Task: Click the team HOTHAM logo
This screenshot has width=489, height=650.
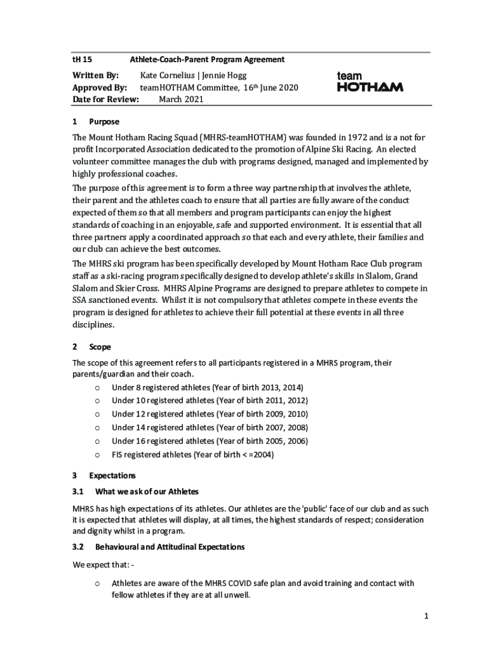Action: pos(369,82)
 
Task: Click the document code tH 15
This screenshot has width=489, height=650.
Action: pos(82,60)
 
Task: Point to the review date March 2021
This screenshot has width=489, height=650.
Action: pos(181,100)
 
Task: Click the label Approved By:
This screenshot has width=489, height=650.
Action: pos(100,88)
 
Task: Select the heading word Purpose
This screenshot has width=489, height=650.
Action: pos(104,122)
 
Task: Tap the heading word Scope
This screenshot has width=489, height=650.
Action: pos(100,347)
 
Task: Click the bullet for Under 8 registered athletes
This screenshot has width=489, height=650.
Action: pos(97,388)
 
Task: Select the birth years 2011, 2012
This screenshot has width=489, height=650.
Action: pos(286,401)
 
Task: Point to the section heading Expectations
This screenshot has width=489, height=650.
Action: pos(112,475)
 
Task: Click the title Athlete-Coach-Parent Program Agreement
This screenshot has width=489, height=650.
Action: pos(207,60)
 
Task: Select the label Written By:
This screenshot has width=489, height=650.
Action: pos(96,76)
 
